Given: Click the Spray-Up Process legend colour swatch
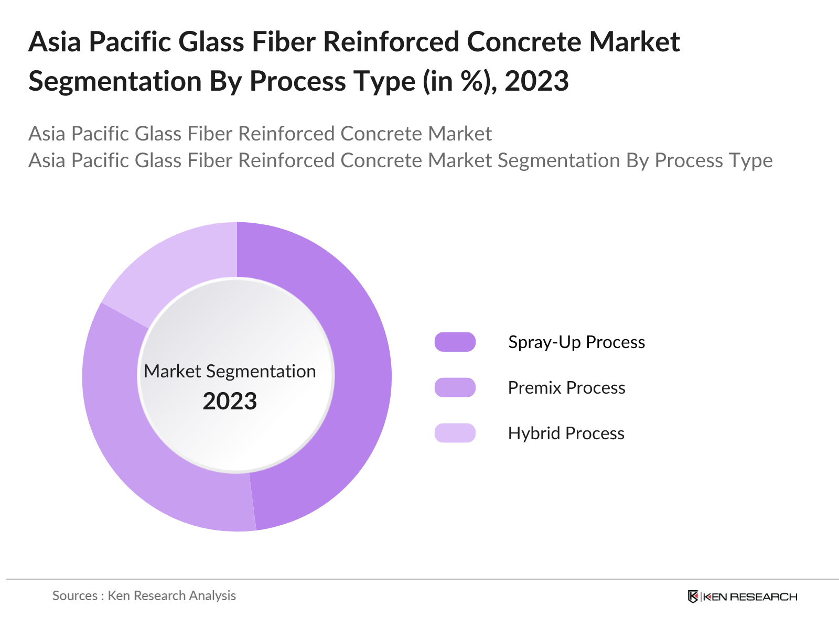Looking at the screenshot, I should click(x=455, y=342).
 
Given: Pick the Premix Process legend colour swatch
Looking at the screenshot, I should click(x=455, y=387).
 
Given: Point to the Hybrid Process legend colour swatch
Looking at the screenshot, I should click(x=455, y=433).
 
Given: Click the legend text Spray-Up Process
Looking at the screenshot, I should click(x=576, y=342).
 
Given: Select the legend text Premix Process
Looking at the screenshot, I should click(x=566, y=388).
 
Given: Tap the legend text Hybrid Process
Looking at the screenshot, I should click(x=566, y=433).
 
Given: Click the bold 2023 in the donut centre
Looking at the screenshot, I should click(x=230, y=402).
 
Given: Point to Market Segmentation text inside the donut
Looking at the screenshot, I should click(x=230, y=371).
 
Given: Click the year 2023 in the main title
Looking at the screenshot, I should click(x=536, y=81).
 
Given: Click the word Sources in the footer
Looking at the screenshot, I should click(x=75, y=596).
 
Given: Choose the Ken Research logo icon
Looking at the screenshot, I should click(x=693, y=597).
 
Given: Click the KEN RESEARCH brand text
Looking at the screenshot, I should click(x=750, y=597).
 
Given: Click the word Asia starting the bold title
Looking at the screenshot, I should click(x=55, y=42).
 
